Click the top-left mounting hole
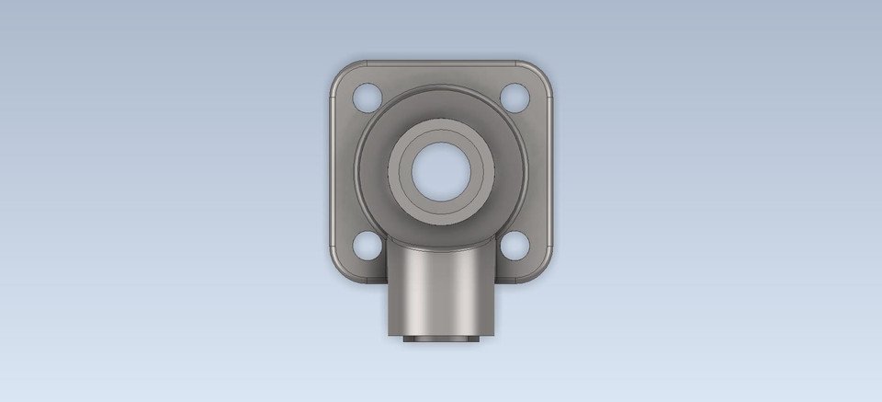pyautogui.click(x=367, y=95)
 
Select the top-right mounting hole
pyautogui.click(x=514, y=95)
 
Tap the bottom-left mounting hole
pyautogui.click(x=367, y=245)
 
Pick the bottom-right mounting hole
pyautogui.click(x=514, y=245)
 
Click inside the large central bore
pyautogui.click(x=441, y=170)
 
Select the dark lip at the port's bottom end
pyautogui.click(x=441, y=339)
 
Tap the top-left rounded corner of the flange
pyautogui.click(x=337, y=70)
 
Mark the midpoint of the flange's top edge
pyautogui.click(x=441, y=63)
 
